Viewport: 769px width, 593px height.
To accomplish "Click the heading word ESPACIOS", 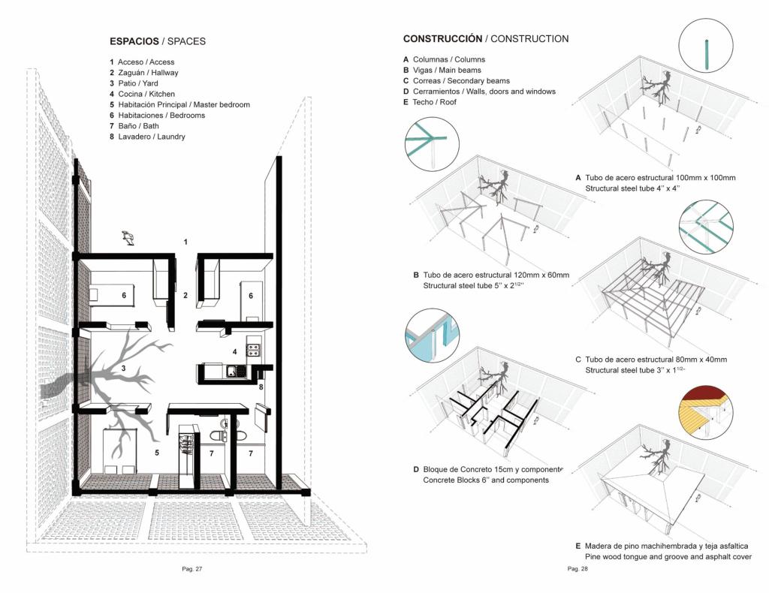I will (x=134, y=41).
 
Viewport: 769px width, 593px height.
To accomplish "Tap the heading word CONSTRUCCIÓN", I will (x=442, y=38).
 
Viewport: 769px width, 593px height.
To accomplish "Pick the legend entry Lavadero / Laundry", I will (x=151, y=137).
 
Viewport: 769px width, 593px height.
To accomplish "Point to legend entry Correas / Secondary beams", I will (x=461, y=80).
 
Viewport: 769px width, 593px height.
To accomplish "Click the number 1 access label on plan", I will (x=185, y=241).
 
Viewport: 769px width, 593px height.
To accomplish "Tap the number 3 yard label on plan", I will (x=122, y=368).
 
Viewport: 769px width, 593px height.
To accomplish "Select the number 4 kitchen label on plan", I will (x=234, y=351).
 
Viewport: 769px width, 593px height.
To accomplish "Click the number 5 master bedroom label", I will (x=156, y=453).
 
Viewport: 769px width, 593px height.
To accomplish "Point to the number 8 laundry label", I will (x=261, y=387).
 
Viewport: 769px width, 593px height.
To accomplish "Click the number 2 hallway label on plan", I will (x=185, y=295).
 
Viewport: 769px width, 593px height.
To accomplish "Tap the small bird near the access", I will (x=129, y=238).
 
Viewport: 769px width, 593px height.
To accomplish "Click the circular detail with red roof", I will (x=705, y=412).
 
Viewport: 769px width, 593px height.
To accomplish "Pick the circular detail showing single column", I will (x=705, y=47).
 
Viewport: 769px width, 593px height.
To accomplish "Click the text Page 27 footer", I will (x=192, y=569).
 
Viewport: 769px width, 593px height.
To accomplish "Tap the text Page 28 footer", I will (x=578, y=569).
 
